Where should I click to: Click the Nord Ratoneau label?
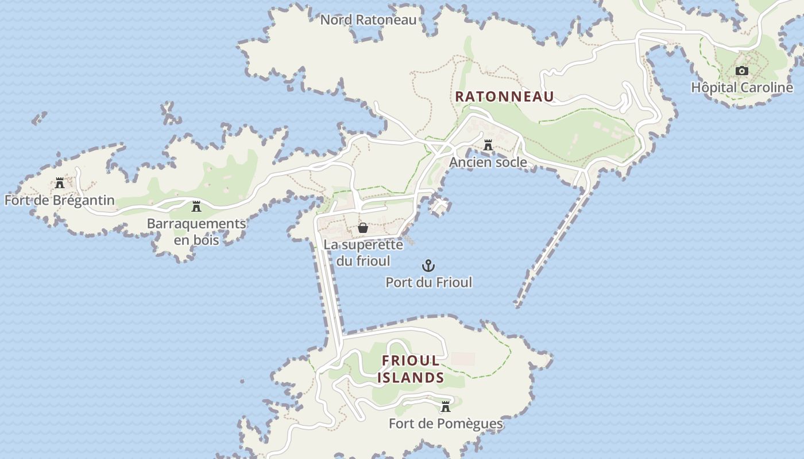point(368,20)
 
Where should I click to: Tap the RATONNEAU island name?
point(504,96)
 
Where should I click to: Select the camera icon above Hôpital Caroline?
point(742,71)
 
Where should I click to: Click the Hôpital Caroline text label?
point(742,88)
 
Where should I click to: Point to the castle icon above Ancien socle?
point(488,146)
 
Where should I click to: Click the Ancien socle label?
point(488,162)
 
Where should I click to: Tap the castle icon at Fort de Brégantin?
point(60,184)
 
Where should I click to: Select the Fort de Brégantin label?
point(60,200)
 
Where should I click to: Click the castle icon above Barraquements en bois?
point(196,207)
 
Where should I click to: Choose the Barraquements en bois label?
point(196,231)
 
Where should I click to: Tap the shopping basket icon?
point(363,228)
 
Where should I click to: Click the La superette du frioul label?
point(363,252)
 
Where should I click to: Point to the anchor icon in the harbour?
point(428,266)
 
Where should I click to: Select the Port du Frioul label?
point(428,282)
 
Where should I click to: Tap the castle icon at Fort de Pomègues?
point(445,407)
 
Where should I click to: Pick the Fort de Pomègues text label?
point(446,424)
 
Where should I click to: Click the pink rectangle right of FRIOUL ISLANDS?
point(463,359)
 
